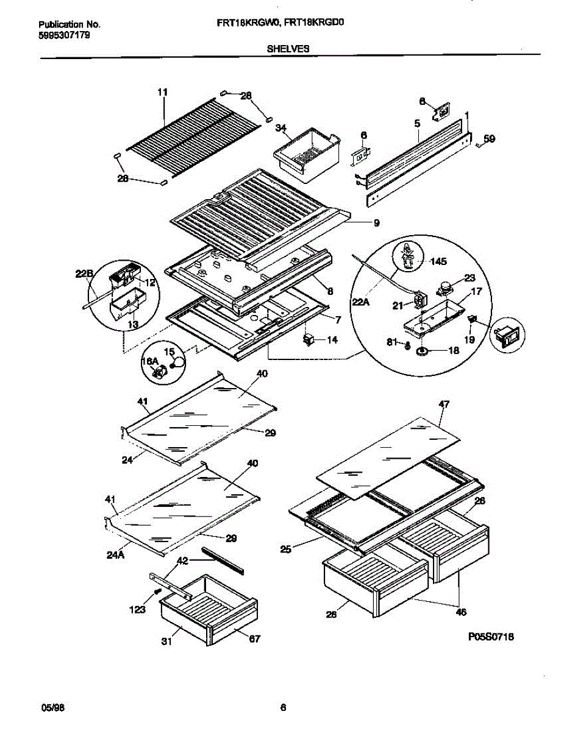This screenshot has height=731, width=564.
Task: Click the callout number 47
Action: point(444,404)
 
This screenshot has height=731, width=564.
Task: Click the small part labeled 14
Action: point(309,339)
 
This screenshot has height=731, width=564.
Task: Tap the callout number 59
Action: point(489,139)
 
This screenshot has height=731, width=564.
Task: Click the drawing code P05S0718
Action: point(491,637)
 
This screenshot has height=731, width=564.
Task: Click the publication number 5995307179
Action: point(64,36)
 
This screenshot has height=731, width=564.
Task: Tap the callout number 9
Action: point(376,224)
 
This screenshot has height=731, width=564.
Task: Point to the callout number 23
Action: point(469,278)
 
